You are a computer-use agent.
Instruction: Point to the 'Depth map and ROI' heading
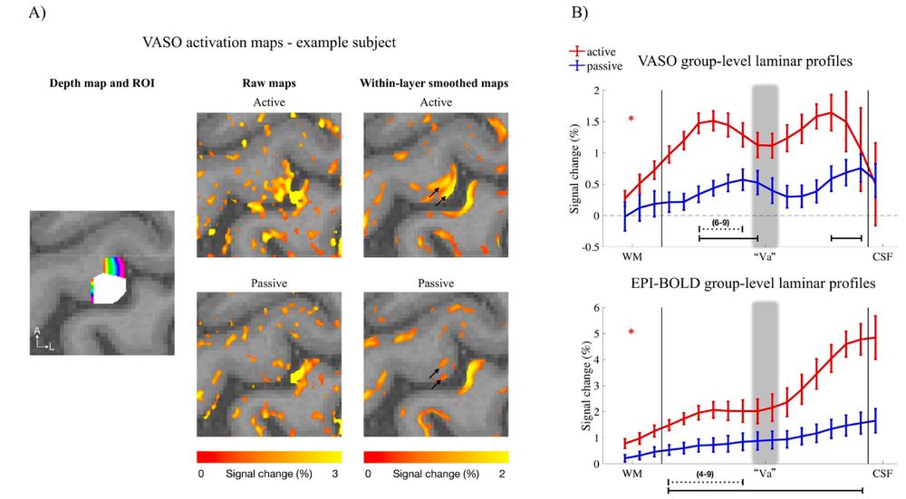point(89,83)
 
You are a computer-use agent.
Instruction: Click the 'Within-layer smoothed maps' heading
point(435,83)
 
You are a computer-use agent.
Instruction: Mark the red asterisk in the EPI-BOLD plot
point(631,333)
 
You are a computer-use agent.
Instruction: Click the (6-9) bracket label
point(722,221)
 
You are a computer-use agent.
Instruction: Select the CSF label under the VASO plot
point(881,256)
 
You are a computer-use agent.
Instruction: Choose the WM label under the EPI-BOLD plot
point(631,473)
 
